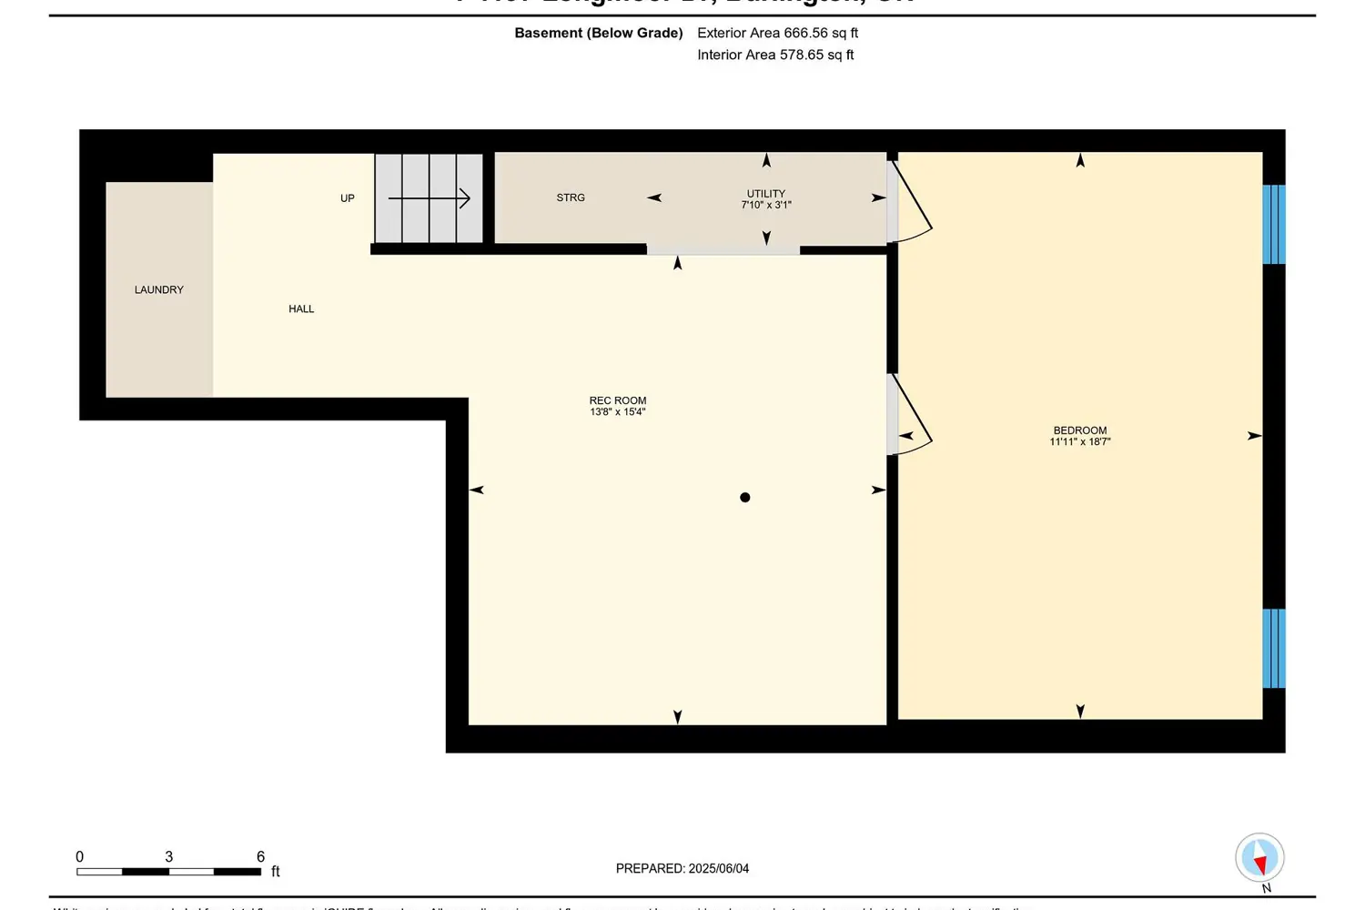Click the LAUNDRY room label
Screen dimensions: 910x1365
[159, 289]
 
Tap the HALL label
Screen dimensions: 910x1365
[301, 308]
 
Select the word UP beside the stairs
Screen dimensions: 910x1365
[348, 198]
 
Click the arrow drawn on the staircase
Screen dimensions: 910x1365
[429, 198]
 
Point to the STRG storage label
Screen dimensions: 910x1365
[571, 197]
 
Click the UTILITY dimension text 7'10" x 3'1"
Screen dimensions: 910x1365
[766, 206]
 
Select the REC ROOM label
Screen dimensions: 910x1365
[618, 400]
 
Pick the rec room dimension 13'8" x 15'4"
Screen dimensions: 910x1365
[618, 412]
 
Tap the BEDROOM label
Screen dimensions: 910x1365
[1080, 430]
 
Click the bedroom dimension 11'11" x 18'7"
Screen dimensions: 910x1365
[1080, 442]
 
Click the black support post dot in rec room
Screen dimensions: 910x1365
[745, 497]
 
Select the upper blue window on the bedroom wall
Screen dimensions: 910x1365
[1274, 224]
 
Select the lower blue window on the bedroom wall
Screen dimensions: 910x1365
[1274, 648]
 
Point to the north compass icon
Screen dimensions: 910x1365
[1259, 858]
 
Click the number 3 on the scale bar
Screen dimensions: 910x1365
[169, 856]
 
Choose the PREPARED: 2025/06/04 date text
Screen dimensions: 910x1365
[682, 868]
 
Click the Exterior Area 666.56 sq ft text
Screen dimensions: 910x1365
[777, 33]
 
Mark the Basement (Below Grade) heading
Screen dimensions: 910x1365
[599, 33]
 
